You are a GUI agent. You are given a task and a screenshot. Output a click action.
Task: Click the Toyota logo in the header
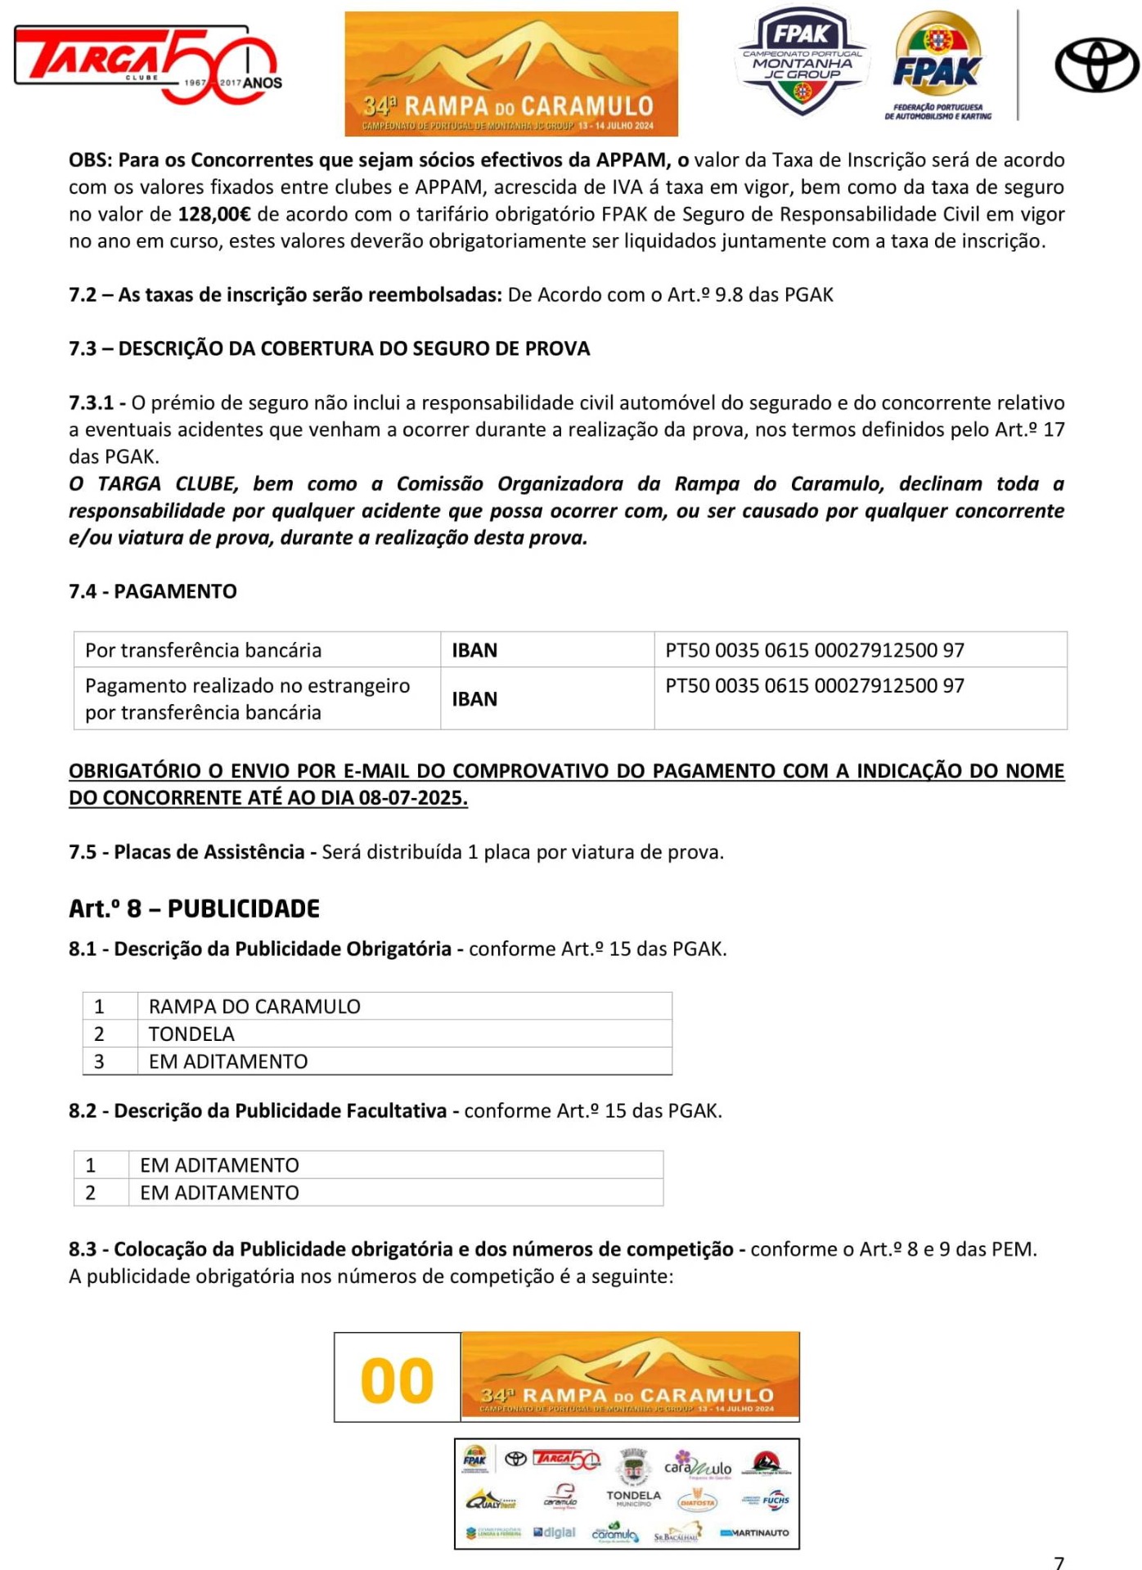click(1096, 66)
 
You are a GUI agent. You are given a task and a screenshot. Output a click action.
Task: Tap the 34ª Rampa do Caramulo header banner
click(511, 74)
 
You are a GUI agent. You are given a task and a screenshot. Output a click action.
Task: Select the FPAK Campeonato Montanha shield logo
click(802, 61)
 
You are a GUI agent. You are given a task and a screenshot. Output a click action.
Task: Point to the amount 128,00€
click(214, 214)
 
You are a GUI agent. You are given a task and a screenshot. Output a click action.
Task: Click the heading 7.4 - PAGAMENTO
click(153, 591)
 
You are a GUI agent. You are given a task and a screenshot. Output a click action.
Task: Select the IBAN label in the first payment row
click(474, 650)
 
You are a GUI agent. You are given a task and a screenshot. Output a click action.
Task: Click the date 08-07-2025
click(412, 798)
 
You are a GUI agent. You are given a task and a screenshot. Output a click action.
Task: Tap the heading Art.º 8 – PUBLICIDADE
click(194, 908)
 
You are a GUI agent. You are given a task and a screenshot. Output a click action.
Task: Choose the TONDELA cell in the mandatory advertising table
click(191, 1034)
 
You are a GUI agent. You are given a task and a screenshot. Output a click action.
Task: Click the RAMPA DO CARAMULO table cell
click(254, 1007)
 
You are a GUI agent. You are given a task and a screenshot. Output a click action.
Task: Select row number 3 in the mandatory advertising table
click(99, 1061)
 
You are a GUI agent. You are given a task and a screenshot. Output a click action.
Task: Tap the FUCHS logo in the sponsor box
click(775, 1500)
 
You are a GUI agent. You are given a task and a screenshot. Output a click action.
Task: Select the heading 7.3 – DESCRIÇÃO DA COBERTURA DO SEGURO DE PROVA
click(329, 348)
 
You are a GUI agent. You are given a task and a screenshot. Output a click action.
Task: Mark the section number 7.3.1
click(91, 403)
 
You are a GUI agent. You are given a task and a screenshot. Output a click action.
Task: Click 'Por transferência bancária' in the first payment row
click(203, 650)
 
